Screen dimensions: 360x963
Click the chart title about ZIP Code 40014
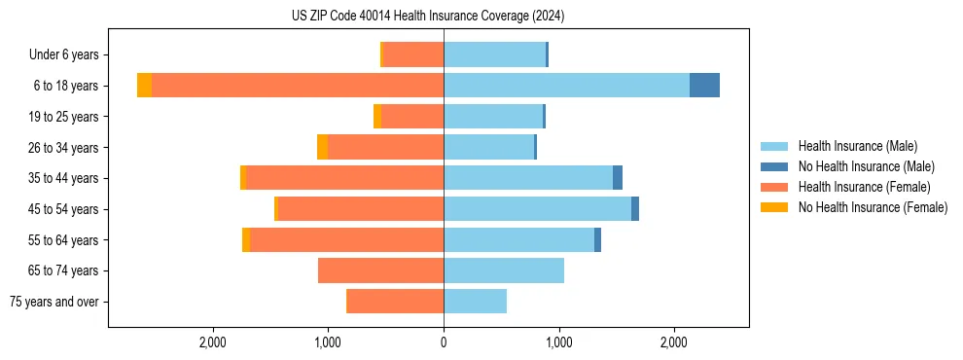tap(427, 17)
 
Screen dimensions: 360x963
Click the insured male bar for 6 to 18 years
tap(566, 86)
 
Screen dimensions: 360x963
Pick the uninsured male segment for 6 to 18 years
tap(704, 86)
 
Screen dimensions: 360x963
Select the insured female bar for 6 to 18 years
tap(297, 86)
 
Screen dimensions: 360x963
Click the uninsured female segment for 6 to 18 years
tap(144, 86)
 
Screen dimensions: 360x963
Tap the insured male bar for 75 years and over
tap(475, 302)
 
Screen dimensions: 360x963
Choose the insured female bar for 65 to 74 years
tap(380, 270)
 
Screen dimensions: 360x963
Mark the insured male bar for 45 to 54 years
tap(537, 209)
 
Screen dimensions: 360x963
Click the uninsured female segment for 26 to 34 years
tap(322, 147)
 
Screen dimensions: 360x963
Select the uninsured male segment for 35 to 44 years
tap(618, 178)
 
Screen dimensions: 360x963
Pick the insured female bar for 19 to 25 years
tap(412, 117)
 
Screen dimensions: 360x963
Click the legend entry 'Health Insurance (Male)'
tap(857, 146)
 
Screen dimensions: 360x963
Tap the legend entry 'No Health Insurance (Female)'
tap(873, 207)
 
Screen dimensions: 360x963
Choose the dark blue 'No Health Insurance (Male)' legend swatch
tap(774, 166)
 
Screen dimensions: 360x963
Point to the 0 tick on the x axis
tap(444, 342)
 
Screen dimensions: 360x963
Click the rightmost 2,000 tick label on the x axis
tap(674, 342)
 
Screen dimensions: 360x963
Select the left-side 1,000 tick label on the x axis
tap(328, 342)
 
